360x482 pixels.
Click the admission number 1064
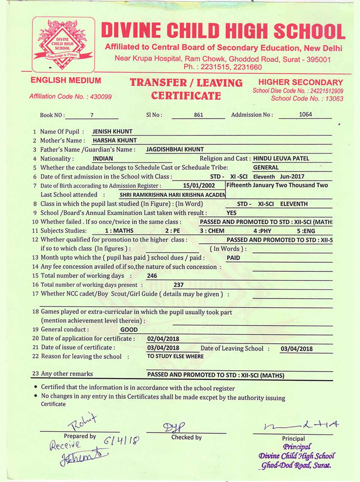pyautogui.click(x=305, y=114)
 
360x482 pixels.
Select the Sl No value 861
pyautogui.click(x=198, y=115)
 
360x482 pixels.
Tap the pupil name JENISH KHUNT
pyautogui.click(x=112, y=132)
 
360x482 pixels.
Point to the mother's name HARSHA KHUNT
pyautogui.click(x=115, y=140)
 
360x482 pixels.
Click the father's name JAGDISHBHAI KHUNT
pyautogui.click(x=175, y=149)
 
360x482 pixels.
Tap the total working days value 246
pyautogui.click(x=152, y=276)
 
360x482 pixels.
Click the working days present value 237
pyautogui.click(x=178, y=285)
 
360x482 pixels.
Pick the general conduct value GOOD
pyautogui.click(x=129, y=330)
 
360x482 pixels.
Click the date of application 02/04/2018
pyautogui.click(x=163, y=339)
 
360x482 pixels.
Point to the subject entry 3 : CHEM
pyautogui.click(x=212, y=231)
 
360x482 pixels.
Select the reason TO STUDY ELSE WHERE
pyautogui.click(x=175, y=356)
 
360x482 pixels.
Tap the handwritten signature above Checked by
pyautogui.click(x=174, y=427)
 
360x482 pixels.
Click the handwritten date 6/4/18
pyautogui.click(x=122, y=441)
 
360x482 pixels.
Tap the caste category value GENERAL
pyautogui.click(x=266, y=168)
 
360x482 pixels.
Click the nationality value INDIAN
pyautogui.click(x=103, y=159)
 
